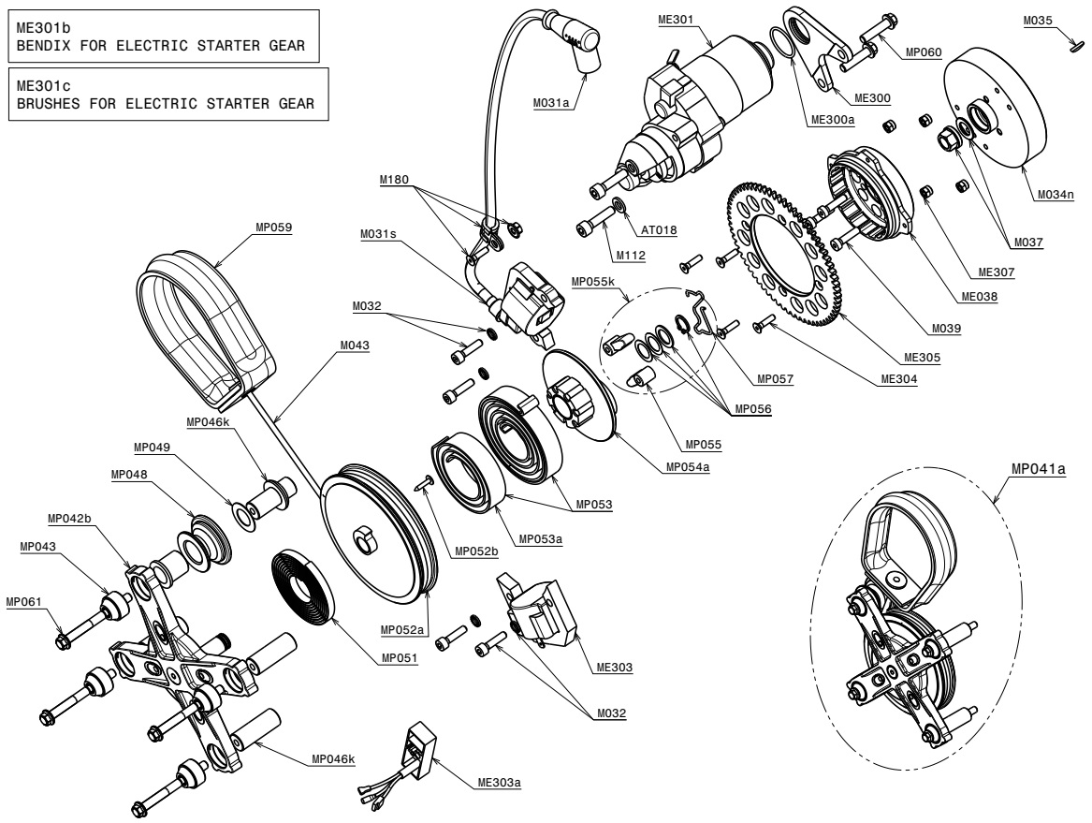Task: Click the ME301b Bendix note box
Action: tap(164, 37)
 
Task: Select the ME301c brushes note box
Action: tap(167, 94)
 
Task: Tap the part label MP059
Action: tap(273, 228)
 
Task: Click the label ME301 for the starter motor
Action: tap(676, 20)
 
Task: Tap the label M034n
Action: tap(1056, 195)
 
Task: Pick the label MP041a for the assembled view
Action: tap(1039, 469)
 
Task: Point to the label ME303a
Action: tap(500, 783)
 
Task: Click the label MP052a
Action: tap(402, 630)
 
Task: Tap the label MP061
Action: tap(23, 601)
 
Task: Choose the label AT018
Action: tap(659, 230)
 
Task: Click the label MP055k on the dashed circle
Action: tap(593, 282)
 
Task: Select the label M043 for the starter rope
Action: tap(355, 345)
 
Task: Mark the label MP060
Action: tap(924, 52)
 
